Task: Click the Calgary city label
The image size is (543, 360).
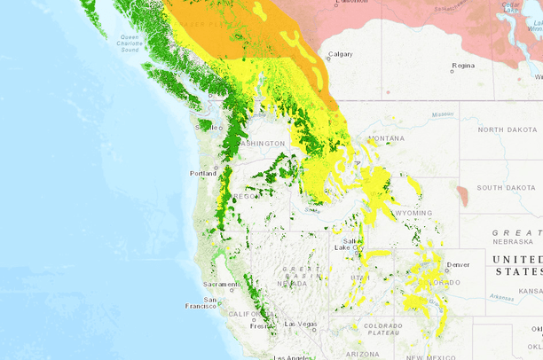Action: point(340,54)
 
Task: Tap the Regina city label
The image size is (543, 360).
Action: point(462,66)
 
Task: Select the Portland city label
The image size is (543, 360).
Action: point(203,173)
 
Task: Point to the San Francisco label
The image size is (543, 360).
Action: point(209,303)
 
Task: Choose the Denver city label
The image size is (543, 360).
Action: point(459,264)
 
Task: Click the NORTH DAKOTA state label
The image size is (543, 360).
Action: point(508,129)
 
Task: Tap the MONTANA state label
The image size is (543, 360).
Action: point(386,138)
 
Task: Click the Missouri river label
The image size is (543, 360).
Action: point(442,114)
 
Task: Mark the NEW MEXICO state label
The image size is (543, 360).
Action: point(426,356)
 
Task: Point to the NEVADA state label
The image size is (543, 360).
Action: point(292,283)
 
